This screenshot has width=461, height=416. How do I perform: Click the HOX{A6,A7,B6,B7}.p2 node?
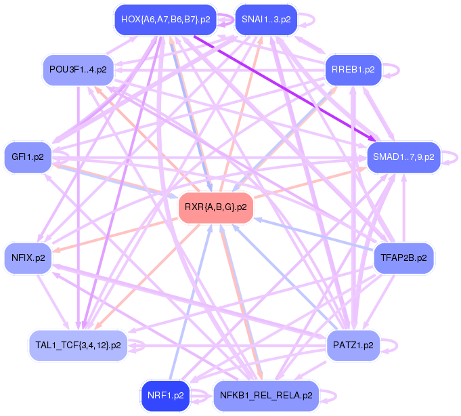[166, 20]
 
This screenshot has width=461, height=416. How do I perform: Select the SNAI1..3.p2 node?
[266, 20]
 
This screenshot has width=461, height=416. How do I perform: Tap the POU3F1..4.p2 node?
[77, 69]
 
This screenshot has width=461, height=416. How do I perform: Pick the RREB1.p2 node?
[353, 69]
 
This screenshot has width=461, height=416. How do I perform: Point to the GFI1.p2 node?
[28, 157]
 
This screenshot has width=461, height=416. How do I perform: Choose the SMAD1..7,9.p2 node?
[403, 157]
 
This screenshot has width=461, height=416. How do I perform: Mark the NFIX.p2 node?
[28, 257]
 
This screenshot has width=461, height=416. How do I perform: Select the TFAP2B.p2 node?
[403, 257]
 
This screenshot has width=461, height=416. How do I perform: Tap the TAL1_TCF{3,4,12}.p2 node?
[77, 345]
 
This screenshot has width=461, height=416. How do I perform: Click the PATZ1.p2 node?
[353, 345]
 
